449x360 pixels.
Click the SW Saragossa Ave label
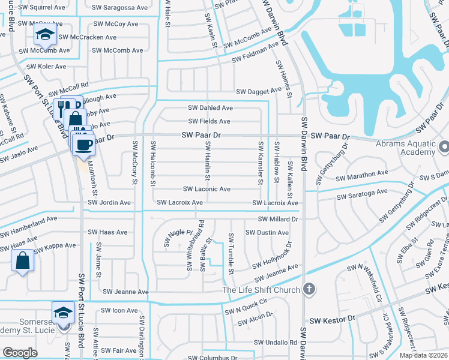(120, 8)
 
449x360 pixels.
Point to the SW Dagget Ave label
(259, 91)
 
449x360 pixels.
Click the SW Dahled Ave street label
(210, 108)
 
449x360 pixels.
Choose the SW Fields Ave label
(209, 121)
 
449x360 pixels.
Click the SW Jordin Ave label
(109, 203)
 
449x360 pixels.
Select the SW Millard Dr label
(278, 219)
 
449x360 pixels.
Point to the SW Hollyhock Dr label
(272, 256)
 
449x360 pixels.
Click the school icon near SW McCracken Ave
(44, 35)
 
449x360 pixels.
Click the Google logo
(20, 353)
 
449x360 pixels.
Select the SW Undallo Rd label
(276, 343)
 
